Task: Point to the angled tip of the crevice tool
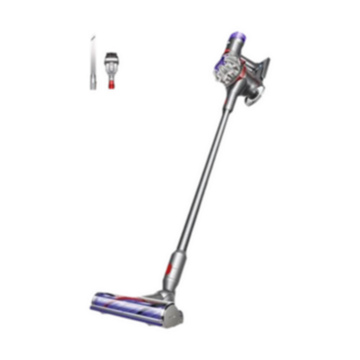pos(94,33)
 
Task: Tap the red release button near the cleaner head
pos(166,269)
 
